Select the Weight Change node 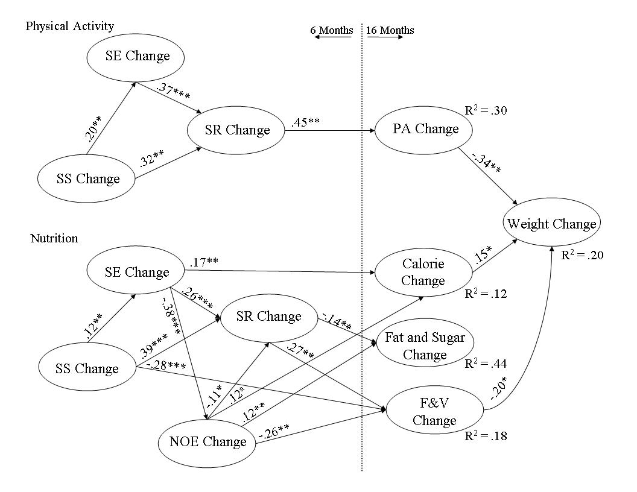[551, 224]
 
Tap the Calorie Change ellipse [423, 273]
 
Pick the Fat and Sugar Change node [425, 345]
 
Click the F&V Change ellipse [434, 412]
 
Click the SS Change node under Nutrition [87, 368]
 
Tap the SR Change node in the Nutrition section [269, 317]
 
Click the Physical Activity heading [70, 26]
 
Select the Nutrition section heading [54, 238]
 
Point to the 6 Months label [332, 30]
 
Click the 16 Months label [390, 30]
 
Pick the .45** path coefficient [305, 122]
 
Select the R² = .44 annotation [486, 364]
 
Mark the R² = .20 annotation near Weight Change [582, 255]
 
